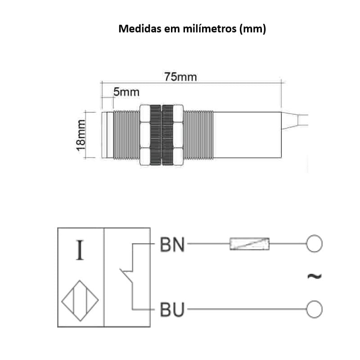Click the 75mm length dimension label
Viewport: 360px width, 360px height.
(180, 76)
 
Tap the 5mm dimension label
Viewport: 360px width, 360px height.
(126, 93)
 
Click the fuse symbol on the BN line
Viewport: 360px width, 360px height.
(249, 244)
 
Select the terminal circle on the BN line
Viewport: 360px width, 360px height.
(315, 244)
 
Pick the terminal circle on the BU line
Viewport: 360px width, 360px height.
(315, 309)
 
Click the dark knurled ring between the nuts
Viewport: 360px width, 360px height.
(161, 135)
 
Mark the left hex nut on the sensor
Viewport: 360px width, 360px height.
(146, 135)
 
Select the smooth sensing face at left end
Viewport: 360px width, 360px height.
(107, 135)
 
